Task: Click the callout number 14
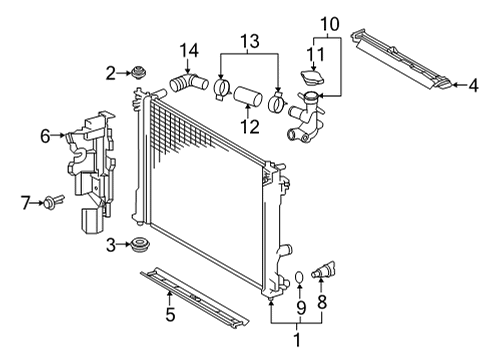pyautogui.click(x=189, y=51)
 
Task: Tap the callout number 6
pyautogui.click(x=45, y=136)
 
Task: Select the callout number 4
pyautogui.click(x=473, y=85)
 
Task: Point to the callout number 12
pyautogui.click(x=250, y=127)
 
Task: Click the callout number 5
pyautogui.click(x=170, y=314)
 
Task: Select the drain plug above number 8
pyautogui.click(x=323, y=270)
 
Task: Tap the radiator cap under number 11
pyautogui.click(x=313, y=78)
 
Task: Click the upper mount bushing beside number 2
pyautogui.click(x=139, y=72)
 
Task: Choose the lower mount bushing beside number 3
pyautogui.click(x=140, y=245)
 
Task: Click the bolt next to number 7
pyautogui.click(x=53, y=201)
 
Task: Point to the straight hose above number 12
pyautogui.click(x=247, y=95)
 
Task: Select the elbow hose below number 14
pyautogui.click(x=189, y=83)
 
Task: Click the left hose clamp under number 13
pyautogui.click(x=222, y=89)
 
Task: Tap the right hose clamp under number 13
pyautogui.click(x=276, y=102)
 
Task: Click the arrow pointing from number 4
pyautogui.click(x=460, y=85)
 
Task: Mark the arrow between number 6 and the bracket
pyautogui.click(x=58, y=135)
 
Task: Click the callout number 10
pyautogui.click(x=330, y=24)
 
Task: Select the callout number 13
pyautogui.click(x=250, y=41)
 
